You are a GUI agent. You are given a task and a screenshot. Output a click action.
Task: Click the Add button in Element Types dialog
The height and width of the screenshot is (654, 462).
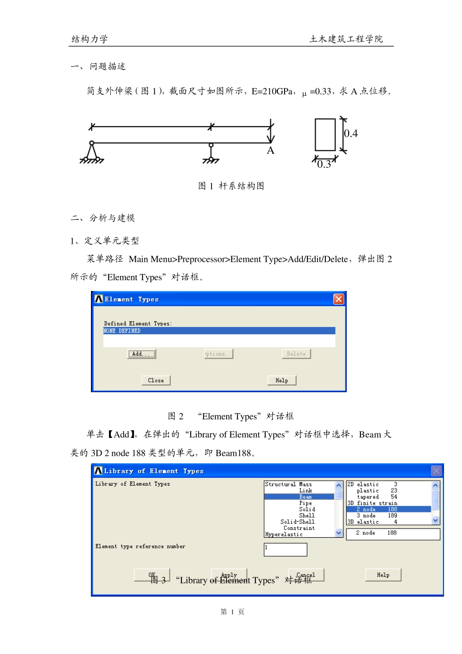(x=142, y=354)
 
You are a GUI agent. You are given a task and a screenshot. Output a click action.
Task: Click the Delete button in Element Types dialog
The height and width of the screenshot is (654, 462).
(x=296, y=354)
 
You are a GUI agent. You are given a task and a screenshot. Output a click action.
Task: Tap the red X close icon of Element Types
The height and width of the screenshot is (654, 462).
(x=338, y=299)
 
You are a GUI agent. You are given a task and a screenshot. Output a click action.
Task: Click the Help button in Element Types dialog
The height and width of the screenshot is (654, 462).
(x=282, y=381)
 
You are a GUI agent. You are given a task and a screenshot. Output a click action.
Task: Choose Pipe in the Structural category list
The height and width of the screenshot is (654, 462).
(x=305, y=503)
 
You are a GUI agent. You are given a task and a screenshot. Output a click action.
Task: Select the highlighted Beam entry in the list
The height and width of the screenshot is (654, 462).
(x=305, y=497)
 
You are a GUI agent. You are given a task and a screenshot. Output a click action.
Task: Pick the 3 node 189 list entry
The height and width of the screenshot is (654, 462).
(x=376, y=515)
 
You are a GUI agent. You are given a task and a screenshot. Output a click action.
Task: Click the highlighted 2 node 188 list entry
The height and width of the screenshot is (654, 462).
(x=376, y=509)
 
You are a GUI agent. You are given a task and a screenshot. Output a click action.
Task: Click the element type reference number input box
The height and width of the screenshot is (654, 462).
(x=285, y=549)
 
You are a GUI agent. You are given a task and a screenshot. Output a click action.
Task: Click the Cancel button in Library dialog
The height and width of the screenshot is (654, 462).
(x=306, y=575)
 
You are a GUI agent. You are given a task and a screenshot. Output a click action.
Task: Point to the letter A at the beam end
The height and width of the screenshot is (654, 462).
(x=270, y=151)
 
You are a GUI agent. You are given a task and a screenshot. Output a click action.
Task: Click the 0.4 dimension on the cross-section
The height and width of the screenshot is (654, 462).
(x=351, y=133)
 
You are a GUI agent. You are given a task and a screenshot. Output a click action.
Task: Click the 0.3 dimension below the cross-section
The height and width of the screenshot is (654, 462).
(x=324, y=164)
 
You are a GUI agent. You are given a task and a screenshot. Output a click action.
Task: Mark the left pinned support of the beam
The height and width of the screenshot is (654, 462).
(x=91, y=152)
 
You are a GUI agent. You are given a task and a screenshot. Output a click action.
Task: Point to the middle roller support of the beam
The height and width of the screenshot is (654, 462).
(x=211, y=152)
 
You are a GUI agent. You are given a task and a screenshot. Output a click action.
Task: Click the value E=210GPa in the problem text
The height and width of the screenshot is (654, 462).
(x=272, y=91)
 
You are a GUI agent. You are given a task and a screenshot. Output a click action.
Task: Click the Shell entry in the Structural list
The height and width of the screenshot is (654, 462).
(x=306, y=515)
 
